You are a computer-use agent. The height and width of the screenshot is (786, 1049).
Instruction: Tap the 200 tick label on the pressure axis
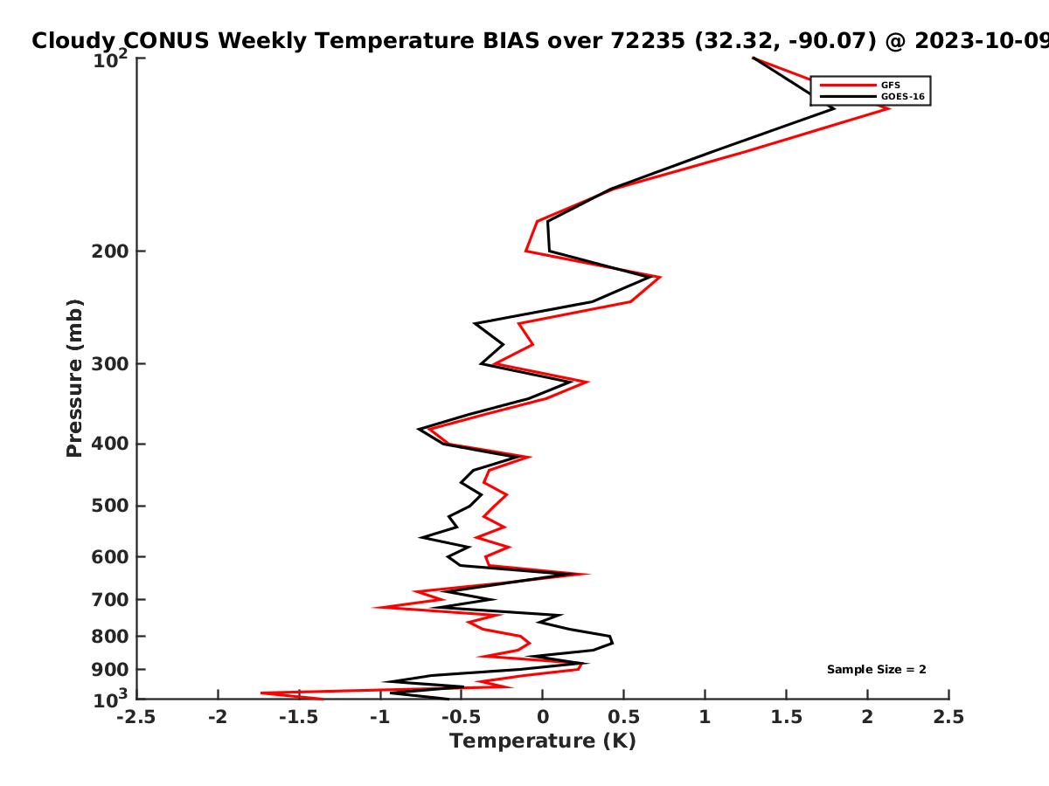coord(110,251)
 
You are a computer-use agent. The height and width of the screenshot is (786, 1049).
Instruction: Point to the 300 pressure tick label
coord(110,363)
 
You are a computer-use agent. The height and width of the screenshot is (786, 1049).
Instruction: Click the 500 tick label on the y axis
coord(110,506)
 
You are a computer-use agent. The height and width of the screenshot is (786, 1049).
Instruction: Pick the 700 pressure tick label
coord(110,599)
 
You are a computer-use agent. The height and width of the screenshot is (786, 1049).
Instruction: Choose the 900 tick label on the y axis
coord(110,670)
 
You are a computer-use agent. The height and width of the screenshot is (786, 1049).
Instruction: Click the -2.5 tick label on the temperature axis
coord(136,717)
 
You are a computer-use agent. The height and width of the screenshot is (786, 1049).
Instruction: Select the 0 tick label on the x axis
coord(543,717)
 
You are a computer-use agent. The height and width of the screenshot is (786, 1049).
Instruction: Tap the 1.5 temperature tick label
coord(786,717)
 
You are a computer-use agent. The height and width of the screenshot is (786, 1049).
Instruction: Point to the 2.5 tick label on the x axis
coord(948,717)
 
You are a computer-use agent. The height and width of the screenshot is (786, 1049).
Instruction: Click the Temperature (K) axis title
coord(543,741)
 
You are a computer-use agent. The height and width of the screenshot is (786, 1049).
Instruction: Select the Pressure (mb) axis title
coord(74,378)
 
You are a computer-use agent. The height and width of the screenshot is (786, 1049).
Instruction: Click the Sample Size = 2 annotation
coord(877,670)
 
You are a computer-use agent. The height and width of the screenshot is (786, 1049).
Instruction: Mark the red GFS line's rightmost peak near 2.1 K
coord(888,108)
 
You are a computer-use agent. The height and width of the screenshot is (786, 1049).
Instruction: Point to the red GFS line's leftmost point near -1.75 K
coord(261,693)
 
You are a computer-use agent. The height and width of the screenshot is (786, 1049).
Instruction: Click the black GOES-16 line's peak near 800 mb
coord(612,643)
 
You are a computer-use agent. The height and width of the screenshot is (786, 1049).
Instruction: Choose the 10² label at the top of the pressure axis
coord(110,59)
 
